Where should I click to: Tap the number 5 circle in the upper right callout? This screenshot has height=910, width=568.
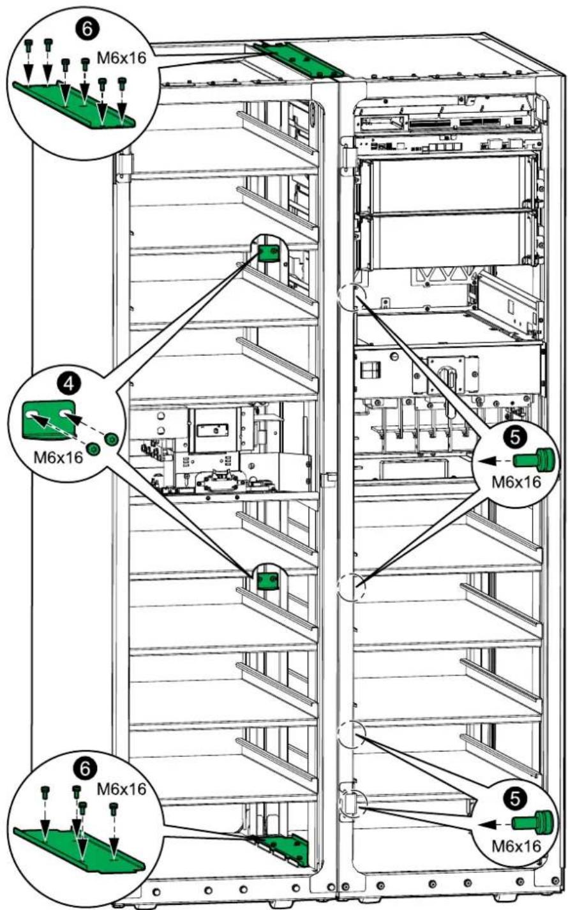pyautogui.click(x=515, y=437)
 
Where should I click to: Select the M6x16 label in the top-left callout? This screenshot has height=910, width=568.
pyautogui.click(x=121, y=57)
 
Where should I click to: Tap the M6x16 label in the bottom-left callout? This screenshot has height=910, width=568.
pyautogui.click(x=121, y=789)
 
